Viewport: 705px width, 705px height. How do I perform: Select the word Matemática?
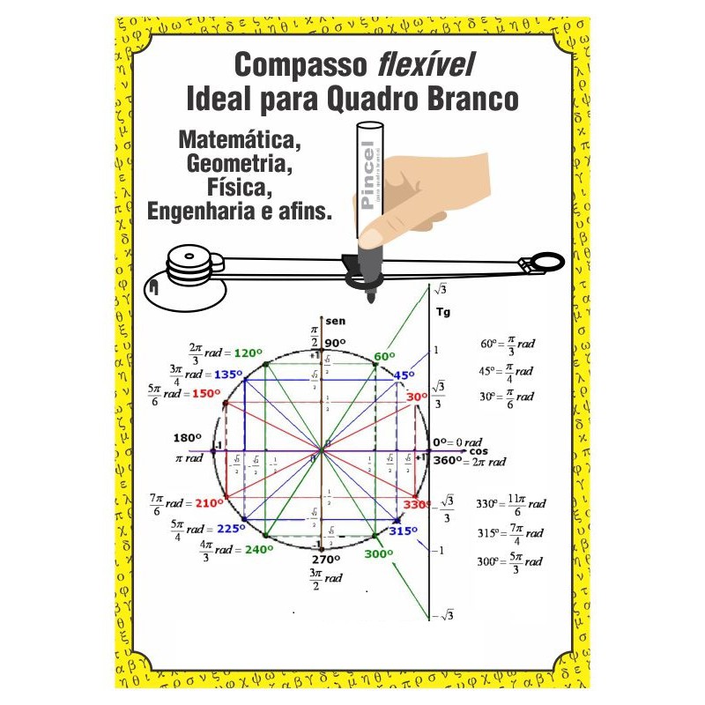coord(239,139)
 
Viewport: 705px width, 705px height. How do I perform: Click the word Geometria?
coord(239,163)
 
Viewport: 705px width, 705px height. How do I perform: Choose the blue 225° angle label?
coord(231,529)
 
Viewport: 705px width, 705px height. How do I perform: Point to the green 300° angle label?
coord(379,554)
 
